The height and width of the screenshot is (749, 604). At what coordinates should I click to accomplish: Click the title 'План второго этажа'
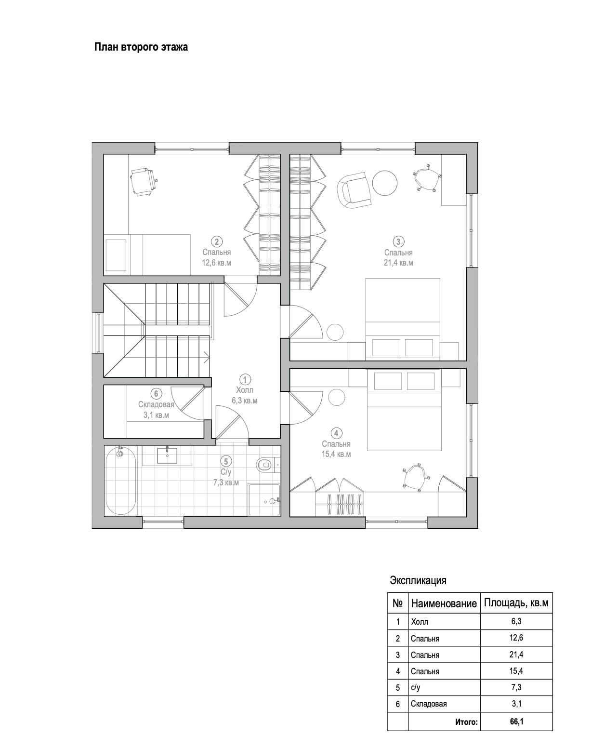141,47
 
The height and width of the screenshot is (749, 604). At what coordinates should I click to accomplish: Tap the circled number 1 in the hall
245,379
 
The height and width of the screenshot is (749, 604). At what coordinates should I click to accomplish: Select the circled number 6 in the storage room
156,394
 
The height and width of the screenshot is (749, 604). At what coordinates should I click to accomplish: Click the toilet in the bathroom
266,464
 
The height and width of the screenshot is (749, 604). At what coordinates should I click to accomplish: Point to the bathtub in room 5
121,481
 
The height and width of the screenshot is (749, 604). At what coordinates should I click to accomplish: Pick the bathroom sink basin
167,455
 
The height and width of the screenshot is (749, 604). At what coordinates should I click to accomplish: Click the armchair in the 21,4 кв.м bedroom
354,190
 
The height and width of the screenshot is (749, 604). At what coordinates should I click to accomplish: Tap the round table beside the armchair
384,183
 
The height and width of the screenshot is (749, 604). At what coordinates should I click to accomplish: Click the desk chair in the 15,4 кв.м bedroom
415,477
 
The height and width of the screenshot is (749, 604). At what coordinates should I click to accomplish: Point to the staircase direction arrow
207,358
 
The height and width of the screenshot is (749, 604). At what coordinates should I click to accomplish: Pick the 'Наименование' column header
444,603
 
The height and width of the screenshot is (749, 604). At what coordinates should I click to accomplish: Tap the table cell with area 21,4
516,655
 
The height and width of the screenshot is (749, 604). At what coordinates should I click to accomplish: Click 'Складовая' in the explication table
429,704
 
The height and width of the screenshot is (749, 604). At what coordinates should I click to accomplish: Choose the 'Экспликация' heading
418,580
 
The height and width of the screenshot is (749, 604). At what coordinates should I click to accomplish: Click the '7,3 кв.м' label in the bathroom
226,482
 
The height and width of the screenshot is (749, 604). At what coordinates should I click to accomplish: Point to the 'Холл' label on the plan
245,390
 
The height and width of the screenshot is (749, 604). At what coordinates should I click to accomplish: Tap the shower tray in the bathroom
264,499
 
